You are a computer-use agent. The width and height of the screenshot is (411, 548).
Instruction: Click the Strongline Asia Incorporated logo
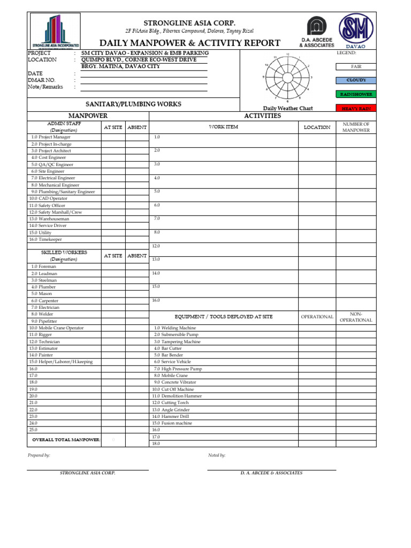coord(55,32)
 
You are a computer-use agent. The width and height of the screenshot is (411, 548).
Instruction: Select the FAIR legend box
coord(356,67)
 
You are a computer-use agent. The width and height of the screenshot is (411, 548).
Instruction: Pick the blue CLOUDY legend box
coord(356,80)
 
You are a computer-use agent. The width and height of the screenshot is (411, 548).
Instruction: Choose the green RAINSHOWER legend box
coord(356,94)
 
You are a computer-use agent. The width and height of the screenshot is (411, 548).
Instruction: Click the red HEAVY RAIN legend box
coord(356,108)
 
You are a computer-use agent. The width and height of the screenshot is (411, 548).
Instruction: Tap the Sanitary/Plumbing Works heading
coord(134,104)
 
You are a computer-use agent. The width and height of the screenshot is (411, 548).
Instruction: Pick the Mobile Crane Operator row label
coord(56,328)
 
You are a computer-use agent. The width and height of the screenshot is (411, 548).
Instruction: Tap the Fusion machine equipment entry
coord(174,423)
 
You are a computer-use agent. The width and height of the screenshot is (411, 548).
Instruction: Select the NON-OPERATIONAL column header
coord(356,317)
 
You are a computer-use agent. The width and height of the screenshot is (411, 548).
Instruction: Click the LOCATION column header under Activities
coord(317,127)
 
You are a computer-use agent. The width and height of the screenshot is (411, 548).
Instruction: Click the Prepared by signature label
coord(39,455)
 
